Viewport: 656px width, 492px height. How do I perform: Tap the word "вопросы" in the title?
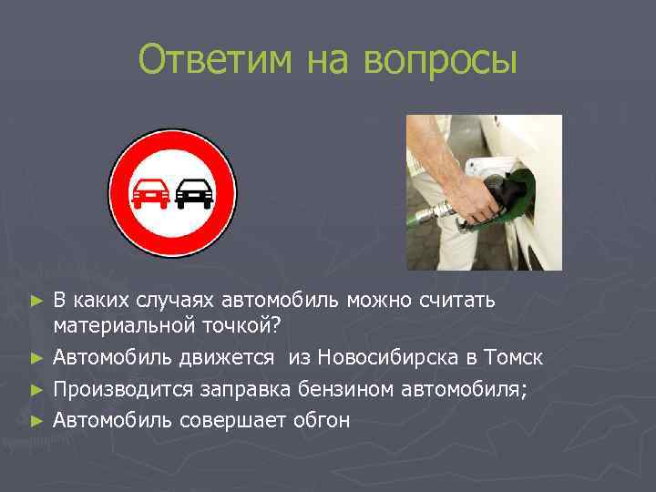pos(439,61)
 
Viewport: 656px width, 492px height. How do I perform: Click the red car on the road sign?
pos(149,192)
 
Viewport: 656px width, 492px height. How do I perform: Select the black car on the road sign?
pos(194,192)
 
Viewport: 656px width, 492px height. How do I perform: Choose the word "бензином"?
pos(346,389)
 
